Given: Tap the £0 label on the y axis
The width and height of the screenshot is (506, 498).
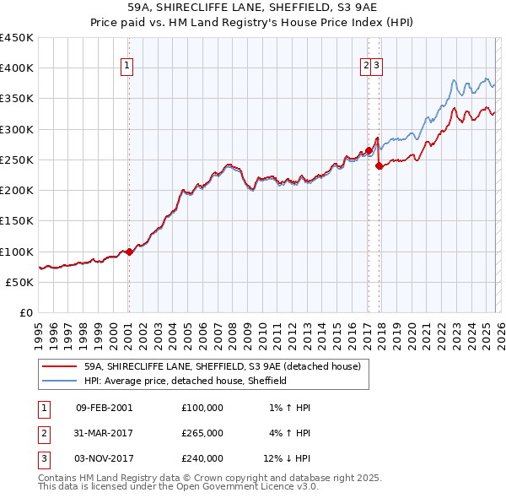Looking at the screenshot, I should pyautogui.click(x=27, y=312).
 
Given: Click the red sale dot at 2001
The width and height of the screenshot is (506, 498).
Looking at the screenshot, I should pyautogui.click(x=129, y=252).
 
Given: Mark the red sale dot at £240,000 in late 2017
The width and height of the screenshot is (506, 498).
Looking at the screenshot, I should pyautogui.click(x=379, y=166).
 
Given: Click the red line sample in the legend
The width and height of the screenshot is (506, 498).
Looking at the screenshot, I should pyautogui.click(x=59, y=366).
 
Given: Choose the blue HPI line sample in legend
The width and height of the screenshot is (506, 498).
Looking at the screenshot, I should pyautogui.click(x=59, y=381).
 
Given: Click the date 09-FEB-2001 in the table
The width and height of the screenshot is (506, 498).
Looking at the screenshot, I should pyautogui.click(x=104, y=408).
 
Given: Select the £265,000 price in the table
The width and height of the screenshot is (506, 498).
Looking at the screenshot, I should pyautogui.click(x=202, y=433).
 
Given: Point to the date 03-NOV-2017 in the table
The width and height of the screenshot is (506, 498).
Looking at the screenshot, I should pyautogui.click(x=105, y=458).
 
